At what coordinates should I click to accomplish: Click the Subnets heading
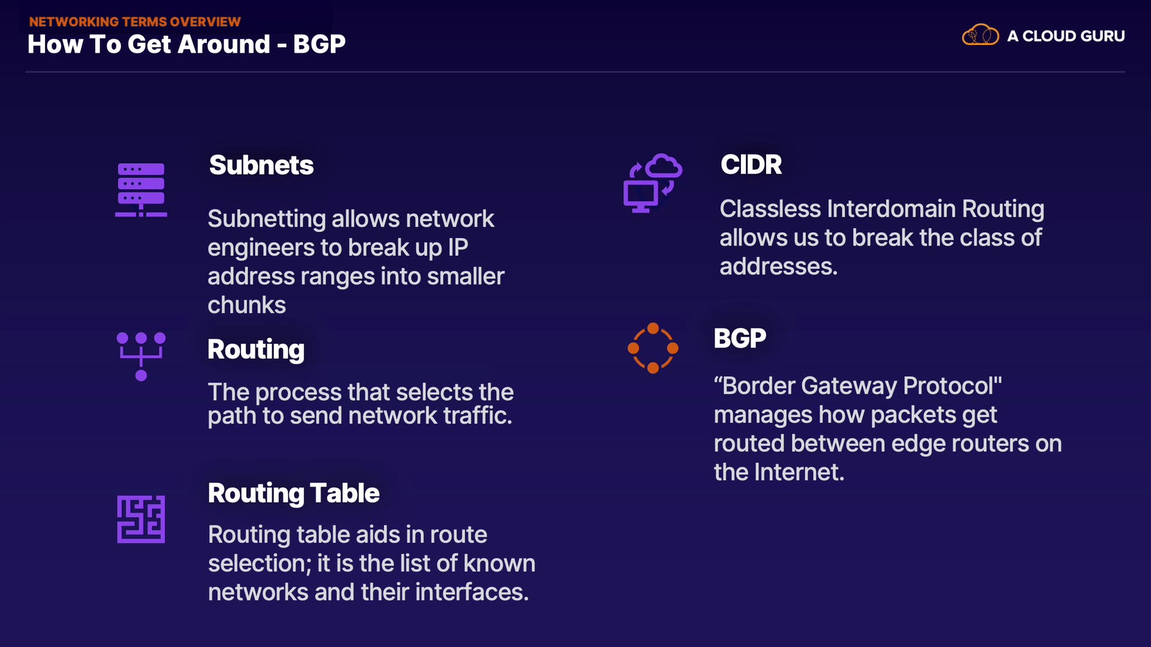click(261, 165)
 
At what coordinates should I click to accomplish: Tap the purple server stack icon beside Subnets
click(141, 189)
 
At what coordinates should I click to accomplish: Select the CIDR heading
click(751, 165)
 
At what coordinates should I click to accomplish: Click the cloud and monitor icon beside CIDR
click(652, 183)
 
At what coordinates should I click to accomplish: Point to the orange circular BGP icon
click(653, 348)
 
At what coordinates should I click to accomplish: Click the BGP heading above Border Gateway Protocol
click(740, 338)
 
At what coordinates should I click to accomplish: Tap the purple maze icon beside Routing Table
click(141, 519)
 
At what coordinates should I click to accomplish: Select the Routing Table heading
click(294, 494)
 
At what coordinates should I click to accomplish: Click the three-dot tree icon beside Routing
click(141, 356)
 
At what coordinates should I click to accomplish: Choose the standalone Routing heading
click(256, 350)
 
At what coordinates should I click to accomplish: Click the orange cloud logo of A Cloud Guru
click(980, 35)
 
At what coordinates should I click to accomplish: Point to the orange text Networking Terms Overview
click(135, 22)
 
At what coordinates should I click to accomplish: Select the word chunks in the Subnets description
click(247, 306)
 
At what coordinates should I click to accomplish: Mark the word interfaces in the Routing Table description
click(472, 592)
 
